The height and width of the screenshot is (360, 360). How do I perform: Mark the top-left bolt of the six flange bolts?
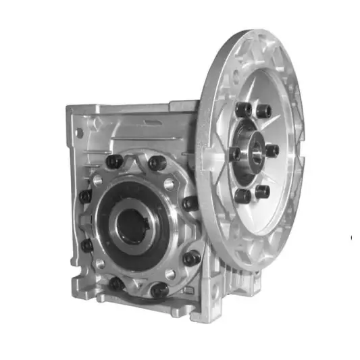tap(243, 109)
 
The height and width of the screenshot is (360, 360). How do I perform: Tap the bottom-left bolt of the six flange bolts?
tap(241, 196)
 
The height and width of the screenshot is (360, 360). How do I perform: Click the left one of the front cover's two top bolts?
tap(115, 161)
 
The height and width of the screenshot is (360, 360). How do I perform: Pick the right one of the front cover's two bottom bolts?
tap(159, 290)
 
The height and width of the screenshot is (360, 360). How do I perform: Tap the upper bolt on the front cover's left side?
tap(86, 196)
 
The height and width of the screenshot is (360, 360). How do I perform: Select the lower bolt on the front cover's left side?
tap(87, 245)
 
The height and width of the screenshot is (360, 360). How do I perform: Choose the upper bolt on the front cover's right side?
tap(190, 203)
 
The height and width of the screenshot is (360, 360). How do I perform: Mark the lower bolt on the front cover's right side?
tap(192, 257)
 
